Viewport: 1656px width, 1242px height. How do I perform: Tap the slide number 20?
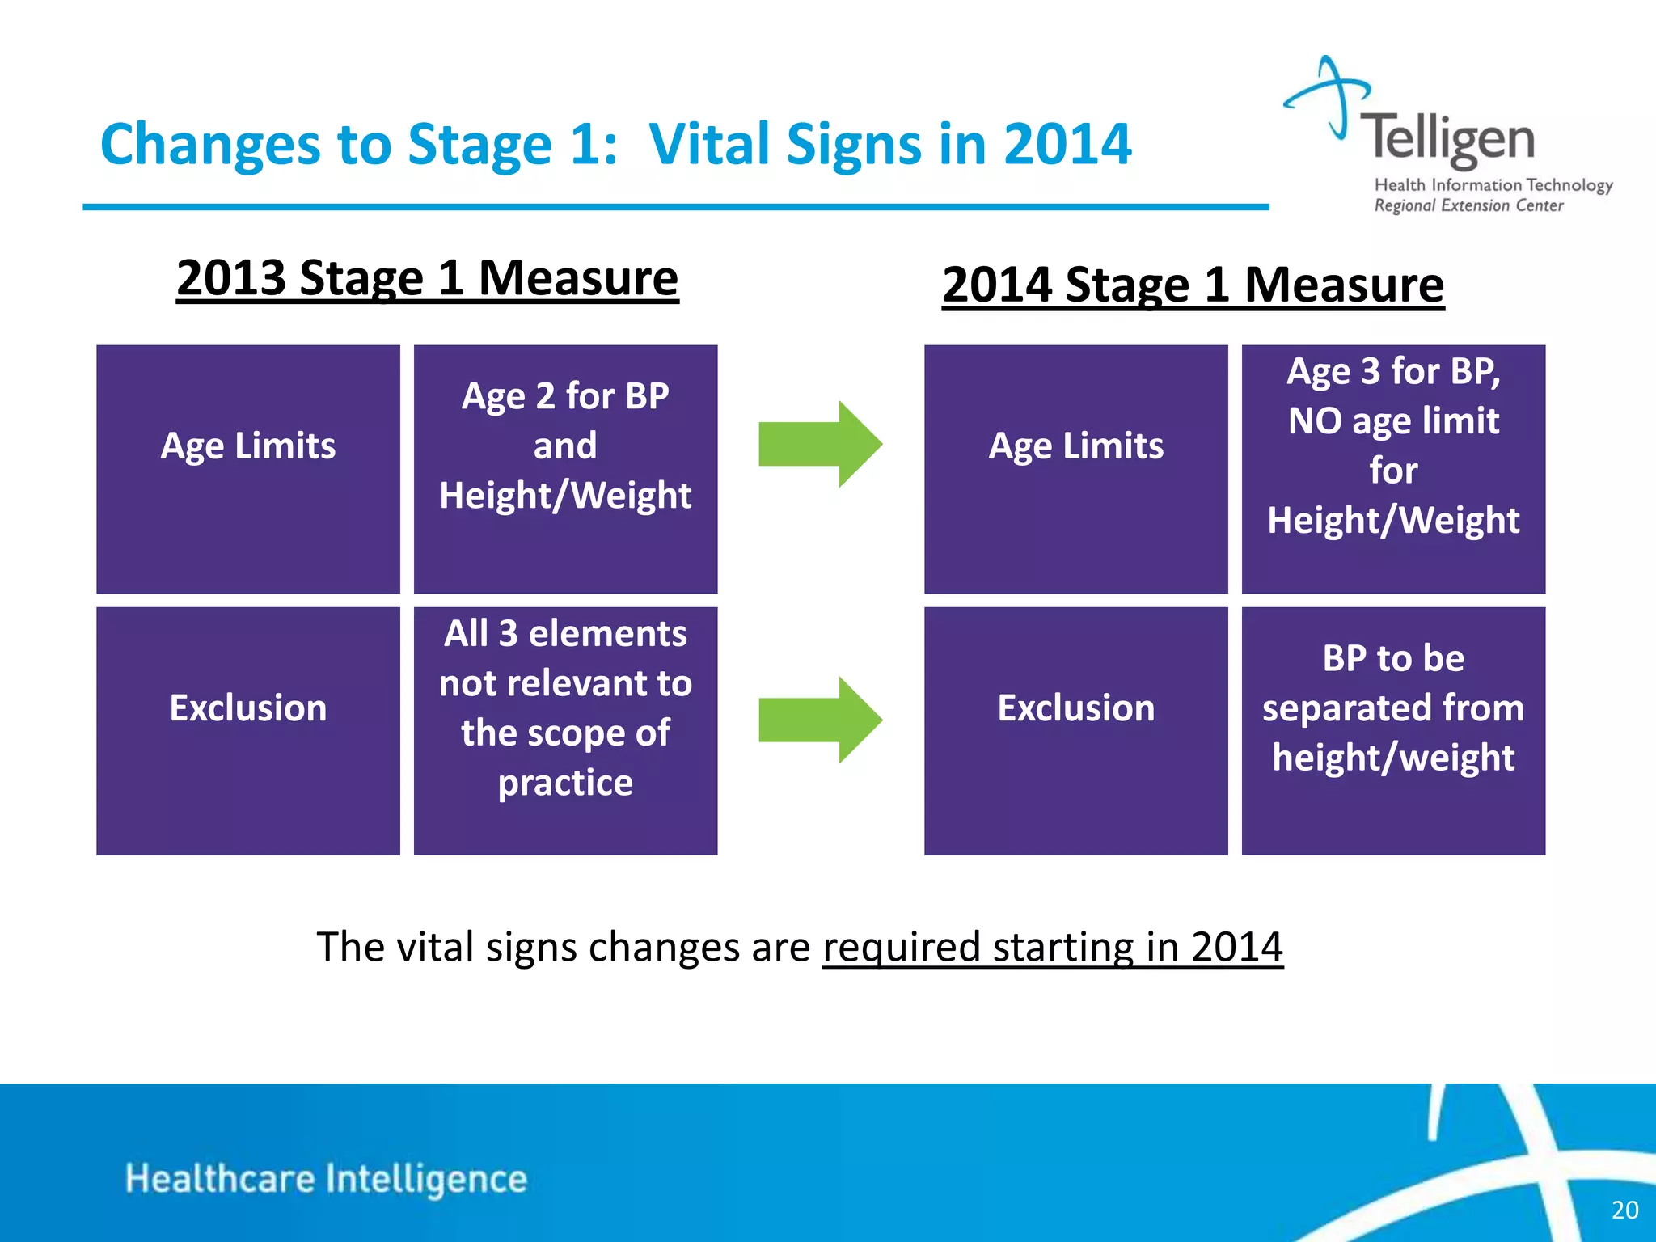1624,1210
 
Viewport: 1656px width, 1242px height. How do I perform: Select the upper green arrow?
819,444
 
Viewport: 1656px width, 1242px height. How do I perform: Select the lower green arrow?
819,720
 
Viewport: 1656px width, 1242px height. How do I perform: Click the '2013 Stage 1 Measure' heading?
427,278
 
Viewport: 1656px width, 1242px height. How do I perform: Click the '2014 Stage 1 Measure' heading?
1193,285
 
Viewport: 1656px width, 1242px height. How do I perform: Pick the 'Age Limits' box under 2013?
248,469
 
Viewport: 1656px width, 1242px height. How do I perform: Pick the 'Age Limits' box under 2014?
1075,469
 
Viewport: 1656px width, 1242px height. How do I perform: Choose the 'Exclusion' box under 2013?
248,730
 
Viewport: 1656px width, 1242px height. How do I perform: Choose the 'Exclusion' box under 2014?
1075,730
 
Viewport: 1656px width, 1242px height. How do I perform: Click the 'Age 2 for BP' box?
565,469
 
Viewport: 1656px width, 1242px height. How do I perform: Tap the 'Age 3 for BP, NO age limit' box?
1392,469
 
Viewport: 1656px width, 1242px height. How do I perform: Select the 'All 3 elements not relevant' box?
565,730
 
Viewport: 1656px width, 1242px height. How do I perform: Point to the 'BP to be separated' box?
1392,730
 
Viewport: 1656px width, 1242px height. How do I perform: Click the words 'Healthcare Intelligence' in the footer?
326,1179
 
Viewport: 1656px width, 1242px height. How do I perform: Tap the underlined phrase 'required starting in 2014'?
1052,947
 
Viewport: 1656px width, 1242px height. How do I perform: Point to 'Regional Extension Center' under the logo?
1468,205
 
